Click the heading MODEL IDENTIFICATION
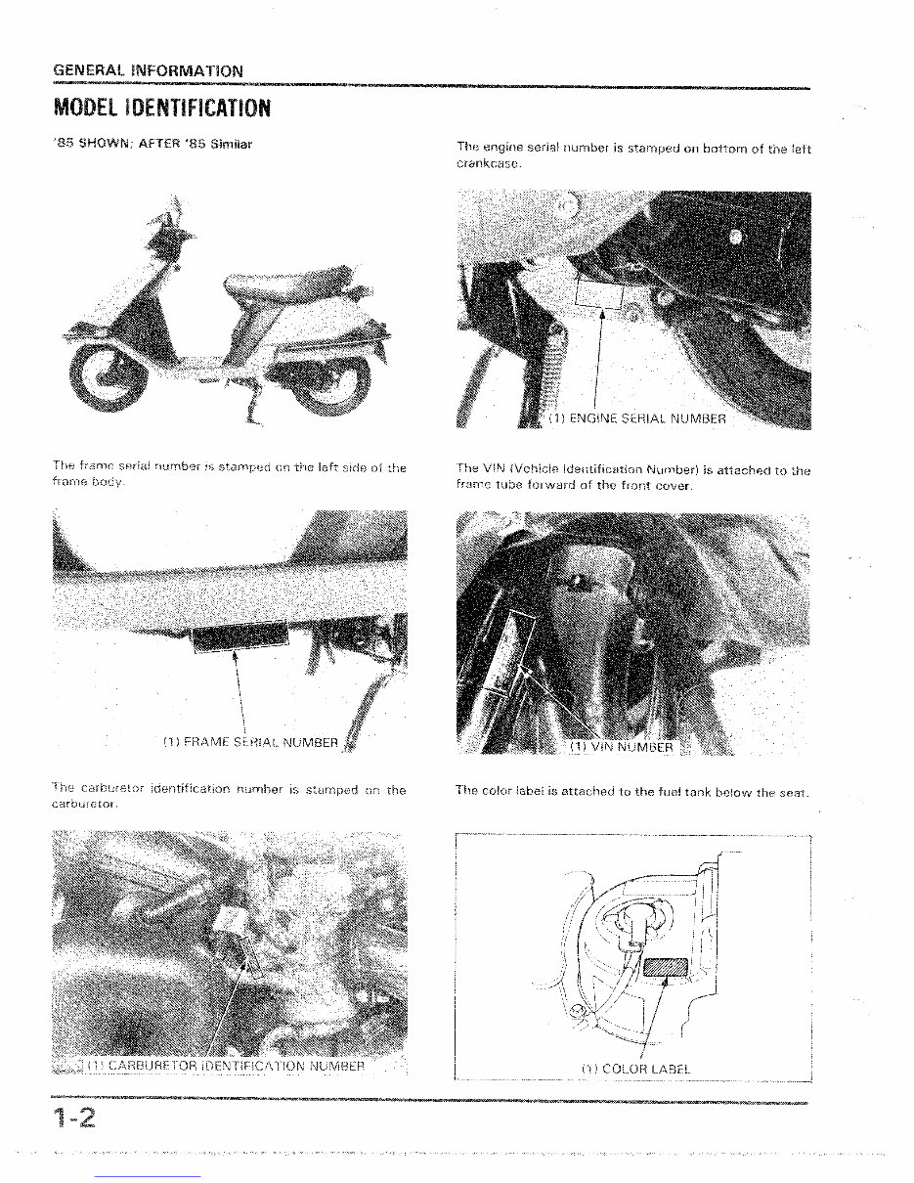click(160, 106)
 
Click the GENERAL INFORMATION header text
click(148, 70)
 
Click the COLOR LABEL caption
click(635, 1069)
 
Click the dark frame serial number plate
click(241, 637)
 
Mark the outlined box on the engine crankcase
click(599, 290)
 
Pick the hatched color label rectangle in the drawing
click(667, 968)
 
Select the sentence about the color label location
click(632, 791)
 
